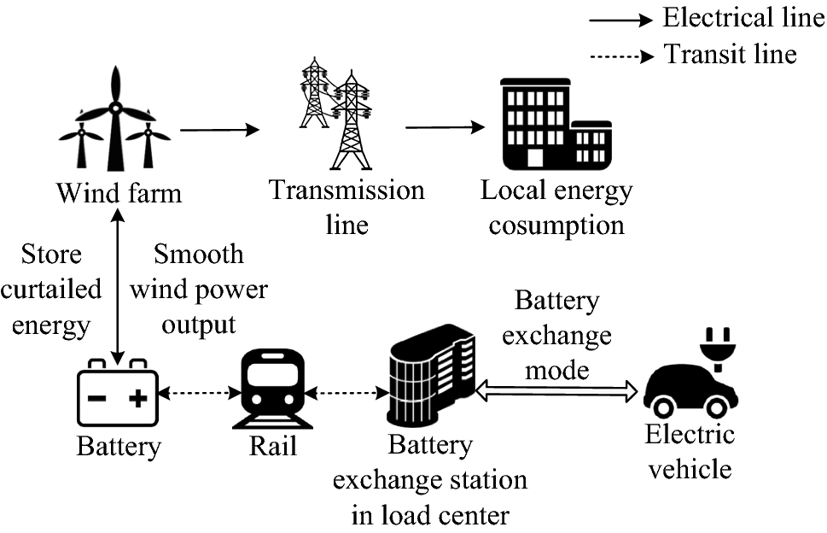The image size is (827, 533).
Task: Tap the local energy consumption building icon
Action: tap(554, 124)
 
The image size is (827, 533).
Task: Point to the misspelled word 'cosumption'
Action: tap(556, 226)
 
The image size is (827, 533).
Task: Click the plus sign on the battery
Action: tap(139, 398)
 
